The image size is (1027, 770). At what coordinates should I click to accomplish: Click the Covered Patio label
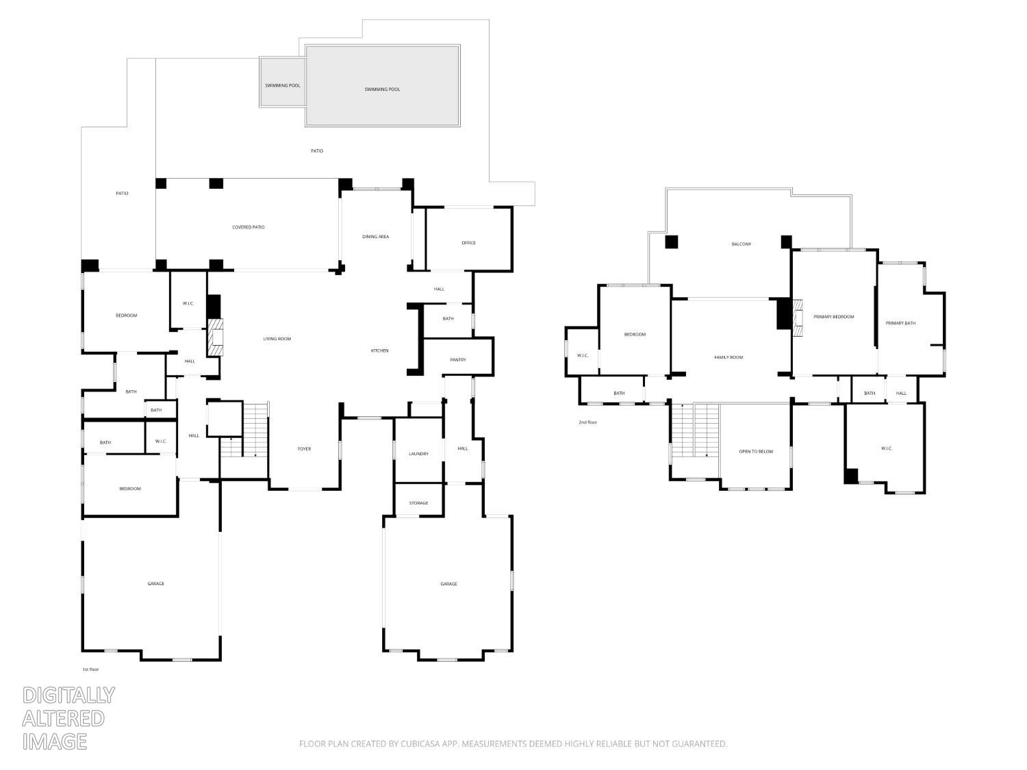[x=248, y=227]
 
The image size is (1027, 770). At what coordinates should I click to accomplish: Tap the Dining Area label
[x=375, y=237]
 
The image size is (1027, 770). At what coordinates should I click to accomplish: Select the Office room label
[x=468, y=243]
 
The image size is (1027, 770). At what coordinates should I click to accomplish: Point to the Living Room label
[x=277, y=339]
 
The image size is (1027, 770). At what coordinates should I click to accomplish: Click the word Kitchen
[x=379, y=350]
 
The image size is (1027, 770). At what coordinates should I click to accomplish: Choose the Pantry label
[x=458, y=360]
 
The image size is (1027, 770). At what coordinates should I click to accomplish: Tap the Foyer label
[x=304, y=449]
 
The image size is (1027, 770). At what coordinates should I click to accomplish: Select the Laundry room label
[x=418, y=454]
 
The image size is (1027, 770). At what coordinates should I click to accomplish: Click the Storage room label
[x=418, y=503]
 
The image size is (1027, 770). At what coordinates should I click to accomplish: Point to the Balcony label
[x=741, y=244]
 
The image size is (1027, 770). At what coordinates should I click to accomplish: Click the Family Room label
[x=728, y=357]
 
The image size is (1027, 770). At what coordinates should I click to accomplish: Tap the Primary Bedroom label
[x=833, y=317]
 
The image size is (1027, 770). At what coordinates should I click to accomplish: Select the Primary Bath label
[x=900, y=323]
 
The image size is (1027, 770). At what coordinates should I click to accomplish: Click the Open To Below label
[x=756, y=452]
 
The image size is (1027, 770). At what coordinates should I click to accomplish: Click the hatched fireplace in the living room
[x=216, y=337]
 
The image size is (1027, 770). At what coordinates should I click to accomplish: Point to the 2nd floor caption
[x=587, y=422]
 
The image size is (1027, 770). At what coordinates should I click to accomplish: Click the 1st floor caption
[x=90, y=669]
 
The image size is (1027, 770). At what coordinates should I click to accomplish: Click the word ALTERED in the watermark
[x=63, y=718]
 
